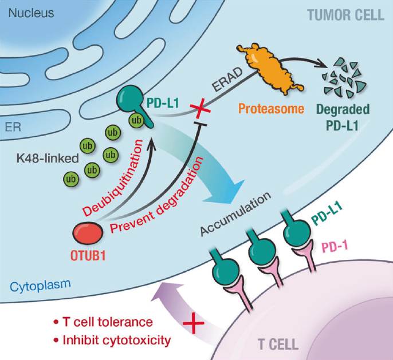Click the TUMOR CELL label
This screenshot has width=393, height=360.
coord(345,15)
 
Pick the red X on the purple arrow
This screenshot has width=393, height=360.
coord(194,326)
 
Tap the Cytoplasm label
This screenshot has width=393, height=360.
coord(34,284)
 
